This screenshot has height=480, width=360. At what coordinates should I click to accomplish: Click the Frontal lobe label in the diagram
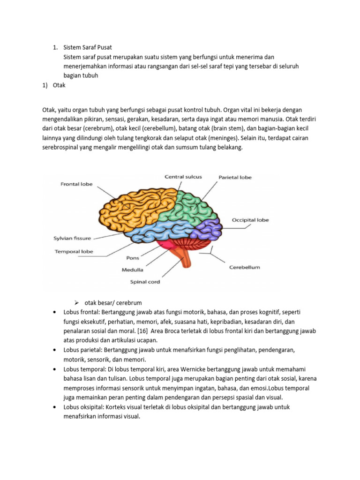[76, 184]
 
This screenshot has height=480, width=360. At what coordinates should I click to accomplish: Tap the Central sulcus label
[183, 177]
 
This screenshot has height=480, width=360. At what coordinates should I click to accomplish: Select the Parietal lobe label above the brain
[235, 177]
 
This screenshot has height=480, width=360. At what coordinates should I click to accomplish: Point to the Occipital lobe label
[250, 220]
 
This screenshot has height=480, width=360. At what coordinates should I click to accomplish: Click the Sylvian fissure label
[72, 238]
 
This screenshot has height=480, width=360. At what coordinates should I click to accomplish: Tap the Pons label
[133, 258]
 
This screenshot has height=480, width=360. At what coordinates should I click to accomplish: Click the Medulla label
[133, 270]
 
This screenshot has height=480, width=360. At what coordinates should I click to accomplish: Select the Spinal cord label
[145, 282]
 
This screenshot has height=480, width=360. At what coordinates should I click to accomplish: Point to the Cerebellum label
[244, 268]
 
